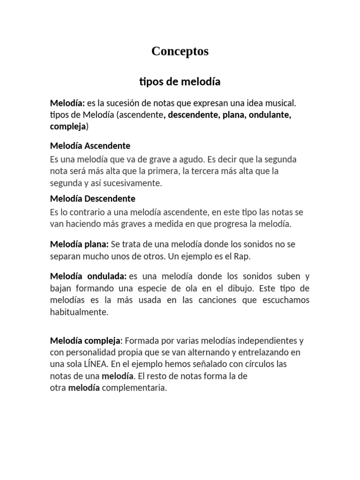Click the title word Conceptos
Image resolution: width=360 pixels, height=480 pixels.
point(180,52)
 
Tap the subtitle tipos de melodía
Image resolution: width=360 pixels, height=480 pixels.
point(180,82)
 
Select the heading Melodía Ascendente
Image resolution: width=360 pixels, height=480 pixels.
point(90,146)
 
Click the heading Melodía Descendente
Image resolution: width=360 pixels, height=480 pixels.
point(92,199)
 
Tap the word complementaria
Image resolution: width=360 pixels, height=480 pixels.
point(135,388)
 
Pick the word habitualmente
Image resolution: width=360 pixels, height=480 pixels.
point(79,312)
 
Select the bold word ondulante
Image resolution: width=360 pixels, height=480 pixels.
point(270,115)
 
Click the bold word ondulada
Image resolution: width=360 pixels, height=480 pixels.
point(107,276)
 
